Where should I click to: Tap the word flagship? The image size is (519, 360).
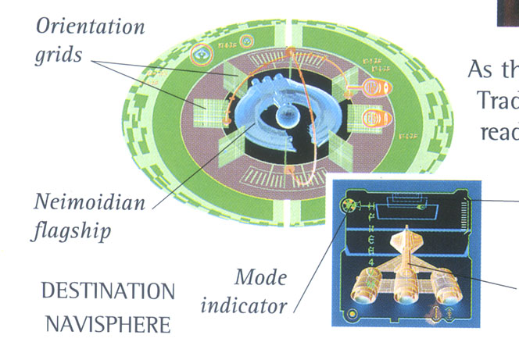(x=69, y=231)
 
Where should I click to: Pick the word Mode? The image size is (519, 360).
(x=261, y=277)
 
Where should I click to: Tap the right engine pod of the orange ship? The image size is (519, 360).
(x=447, y=290)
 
